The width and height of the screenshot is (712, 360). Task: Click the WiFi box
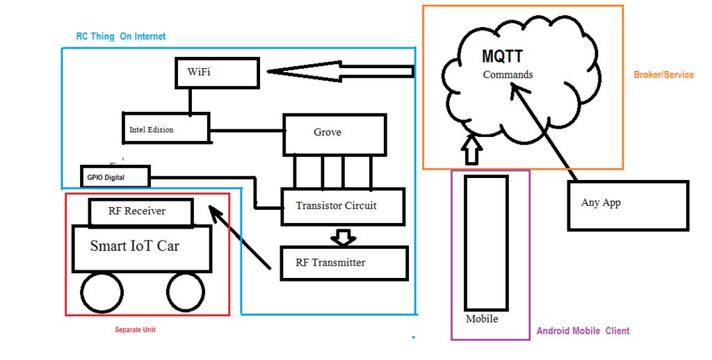pyautogui.click(x=217, y=73)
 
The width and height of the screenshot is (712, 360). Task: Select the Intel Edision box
pyautogui.click(x=166, y=128)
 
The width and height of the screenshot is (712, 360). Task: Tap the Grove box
pyautogui.click(x=334, y=135)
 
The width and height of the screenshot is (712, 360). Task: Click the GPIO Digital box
pyautogui.click(x=115, y=176)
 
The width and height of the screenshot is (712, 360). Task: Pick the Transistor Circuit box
pyautogui.click(x=343, y=206)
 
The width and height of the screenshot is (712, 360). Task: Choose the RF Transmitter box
pyautogui.click(x=344, y=263)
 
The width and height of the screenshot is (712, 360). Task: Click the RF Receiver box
pyautogui.click(x=141, y=212)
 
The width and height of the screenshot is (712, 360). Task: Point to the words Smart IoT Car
pyautogui.click(x=135, y=246)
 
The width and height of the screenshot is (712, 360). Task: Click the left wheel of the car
pyautogui.click(x=102, y=293)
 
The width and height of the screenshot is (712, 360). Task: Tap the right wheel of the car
pyautogui.click(x=185, y=293)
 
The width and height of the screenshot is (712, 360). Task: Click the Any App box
pyautogui.click(x=629, y=206)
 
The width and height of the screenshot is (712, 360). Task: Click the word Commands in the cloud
pyautogui.click(x=508, y=74)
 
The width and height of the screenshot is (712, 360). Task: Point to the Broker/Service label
pyautogui.click(x=663, y=75)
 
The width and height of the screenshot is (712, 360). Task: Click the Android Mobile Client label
pyautogui.click(x=583, y=331)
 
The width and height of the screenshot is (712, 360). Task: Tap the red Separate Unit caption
pyautogui.click(x=135, y=329)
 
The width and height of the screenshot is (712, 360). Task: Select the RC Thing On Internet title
pyautogui.click(x=121, y=36)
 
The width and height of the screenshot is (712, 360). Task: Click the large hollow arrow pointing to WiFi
pyautogui.click(x=341, y=72)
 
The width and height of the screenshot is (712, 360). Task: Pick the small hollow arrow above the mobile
pyautogui.click(x=472, y=150)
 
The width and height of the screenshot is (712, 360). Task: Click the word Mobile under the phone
pyautogui.click(x=482, y=319)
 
